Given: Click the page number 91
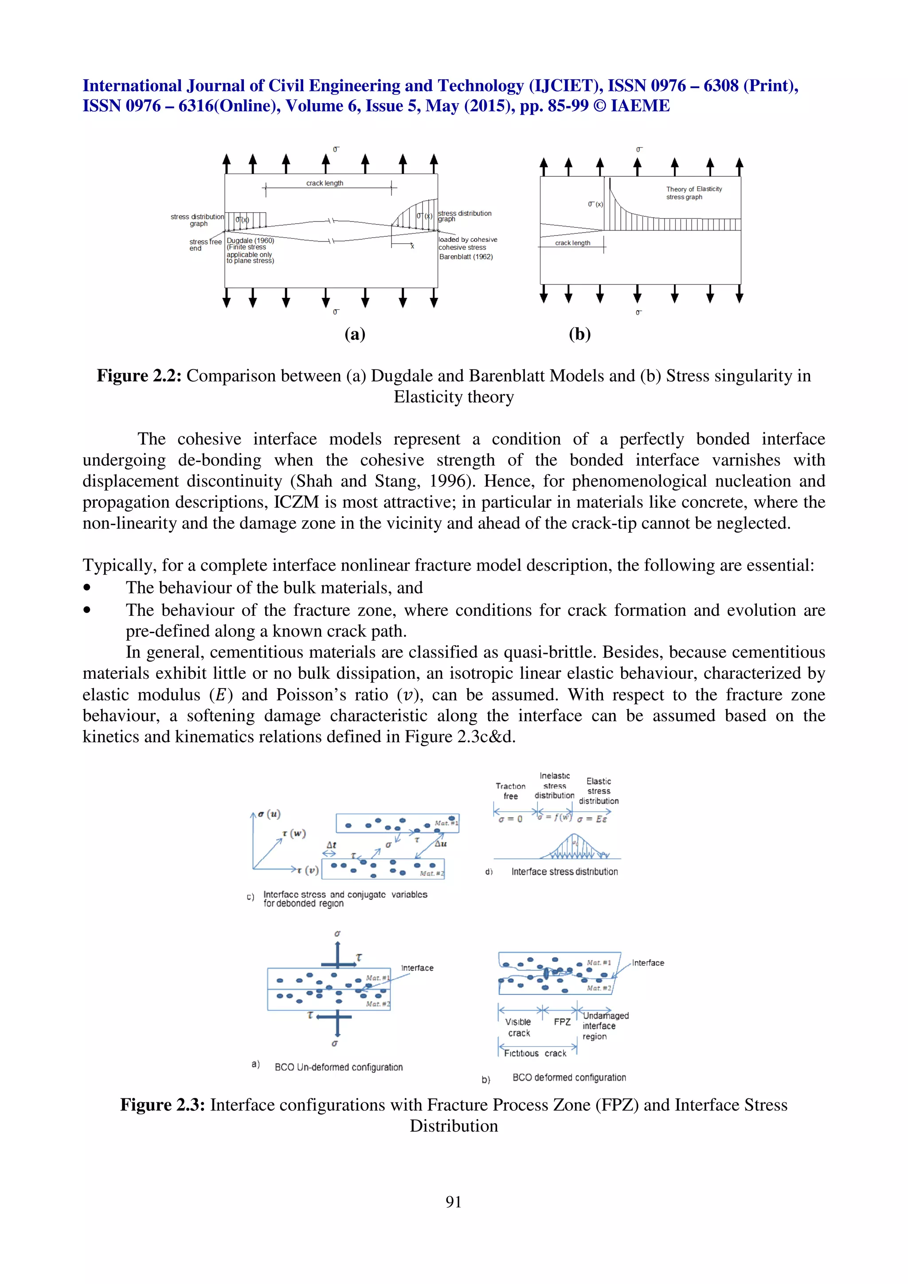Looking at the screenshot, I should click(454, 1201).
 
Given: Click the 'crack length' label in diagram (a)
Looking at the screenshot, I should click(325, 183).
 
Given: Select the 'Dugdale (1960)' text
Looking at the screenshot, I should click(250, 241).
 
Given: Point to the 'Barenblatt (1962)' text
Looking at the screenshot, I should click(466, 257).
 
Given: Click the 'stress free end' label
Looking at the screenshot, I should click(205, 245).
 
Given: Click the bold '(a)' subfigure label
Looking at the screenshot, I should click(355, 334).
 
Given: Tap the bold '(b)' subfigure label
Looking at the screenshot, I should click(579, 334).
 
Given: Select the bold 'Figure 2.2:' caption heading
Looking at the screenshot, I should click(139, 376).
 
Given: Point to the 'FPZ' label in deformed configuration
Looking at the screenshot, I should click(562, 1022).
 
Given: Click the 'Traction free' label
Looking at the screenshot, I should click(510, 791).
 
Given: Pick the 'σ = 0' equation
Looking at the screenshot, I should click(510, 819).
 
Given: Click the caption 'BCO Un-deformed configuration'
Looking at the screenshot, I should click(338, 1067).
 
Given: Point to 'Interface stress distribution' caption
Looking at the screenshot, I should click(564, 871).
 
